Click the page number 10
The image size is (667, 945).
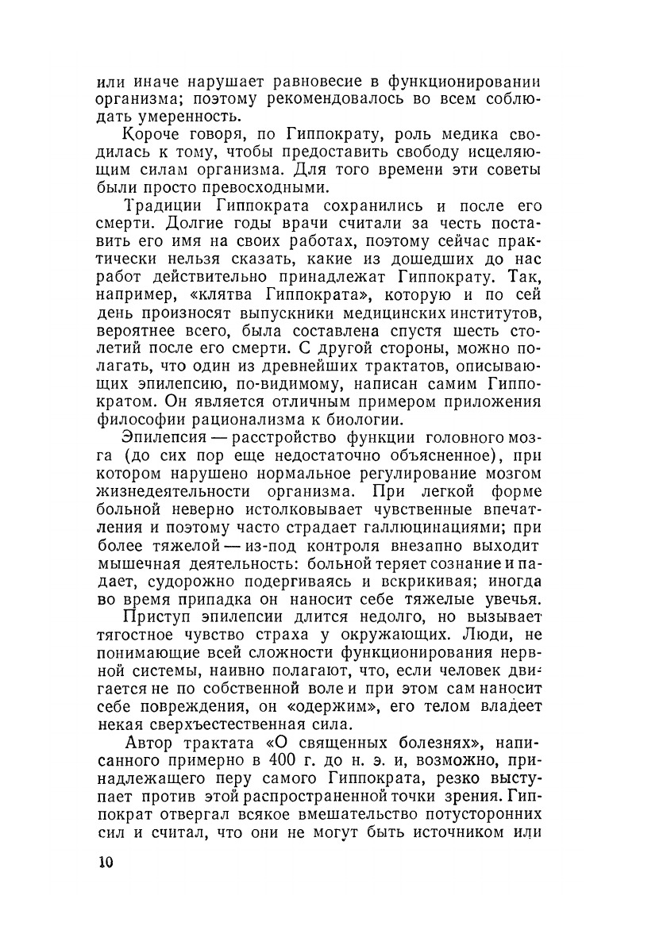[106, 862]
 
